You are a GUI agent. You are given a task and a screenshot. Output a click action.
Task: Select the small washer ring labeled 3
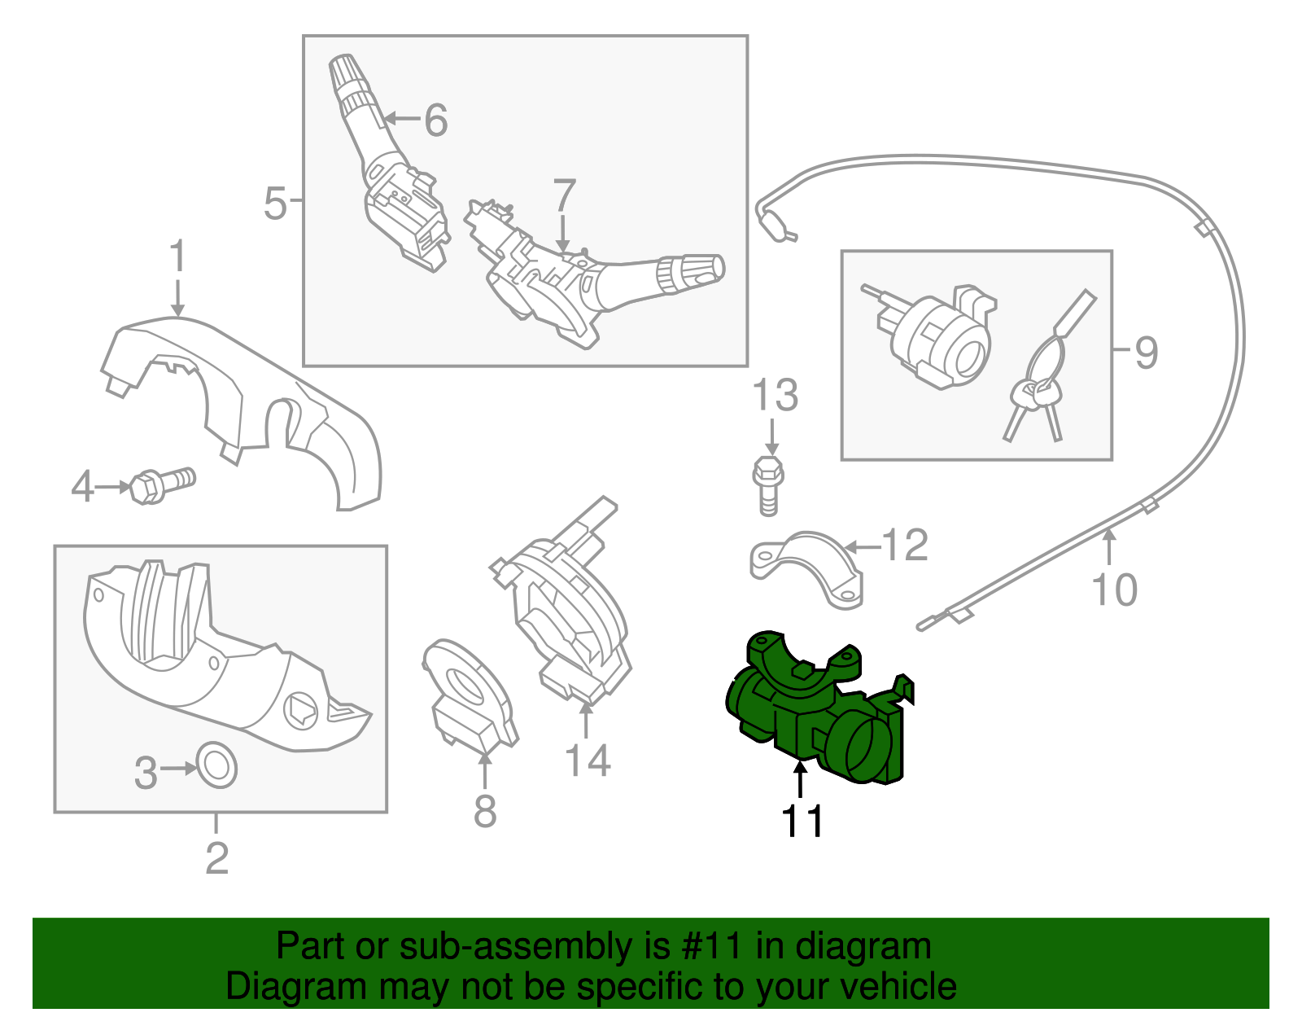(x=217, y=765)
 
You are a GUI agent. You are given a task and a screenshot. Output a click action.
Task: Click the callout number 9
(x=1146, y=352)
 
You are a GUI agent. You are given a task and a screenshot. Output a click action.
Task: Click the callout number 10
(x=1114, y=590)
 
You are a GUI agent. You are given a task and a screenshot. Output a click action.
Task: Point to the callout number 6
(x=436, y=121)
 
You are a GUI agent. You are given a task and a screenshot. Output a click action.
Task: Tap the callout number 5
(x=275, y=203)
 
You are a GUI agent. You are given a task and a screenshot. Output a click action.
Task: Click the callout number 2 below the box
(x=216, y=858)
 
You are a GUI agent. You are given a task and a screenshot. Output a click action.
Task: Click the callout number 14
(x=588, y=761)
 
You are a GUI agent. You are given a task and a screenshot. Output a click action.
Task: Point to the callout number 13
(x=775, y=396)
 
